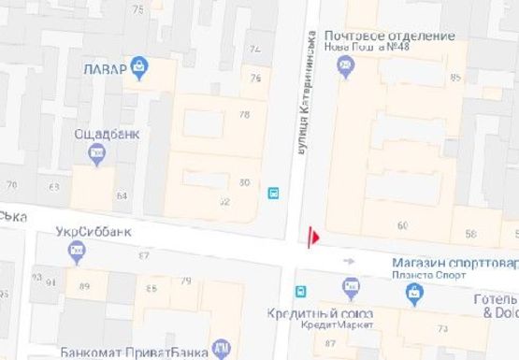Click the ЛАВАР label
[x=103, y=68]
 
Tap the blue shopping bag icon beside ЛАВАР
[x=139, y=66]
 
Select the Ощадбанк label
[x=108, y=134]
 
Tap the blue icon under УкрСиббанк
[x=77, y=250]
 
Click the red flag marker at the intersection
[x=313, y=238]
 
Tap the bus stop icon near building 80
[x=274, y=194]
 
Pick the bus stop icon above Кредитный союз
[x=300, y=291]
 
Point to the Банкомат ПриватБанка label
[x=132, y=353]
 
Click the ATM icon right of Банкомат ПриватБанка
[x=221, y=350]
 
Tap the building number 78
[x=245, y=115]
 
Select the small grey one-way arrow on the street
[x=349, y=262]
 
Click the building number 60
[x=403, y=225]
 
